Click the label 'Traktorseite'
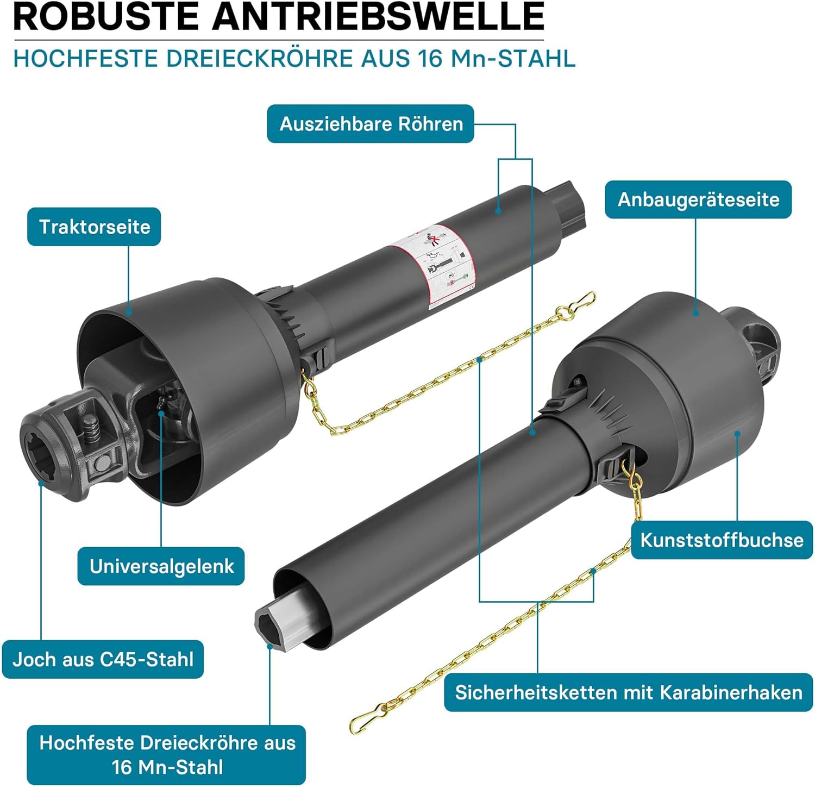coord(95,227)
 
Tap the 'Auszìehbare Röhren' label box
coord(371,124)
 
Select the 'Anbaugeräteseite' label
coord(698,199)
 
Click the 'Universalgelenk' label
coord(161,566)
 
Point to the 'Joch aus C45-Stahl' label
coord(103,659)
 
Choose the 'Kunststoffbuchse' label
coord(722,540)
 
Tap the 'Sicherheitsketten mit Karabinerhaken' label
coord(628,692)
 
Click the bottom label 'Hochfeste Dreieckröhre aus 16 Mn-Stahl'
coord(167,755)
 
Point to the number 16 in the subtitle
coord(431,58)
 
